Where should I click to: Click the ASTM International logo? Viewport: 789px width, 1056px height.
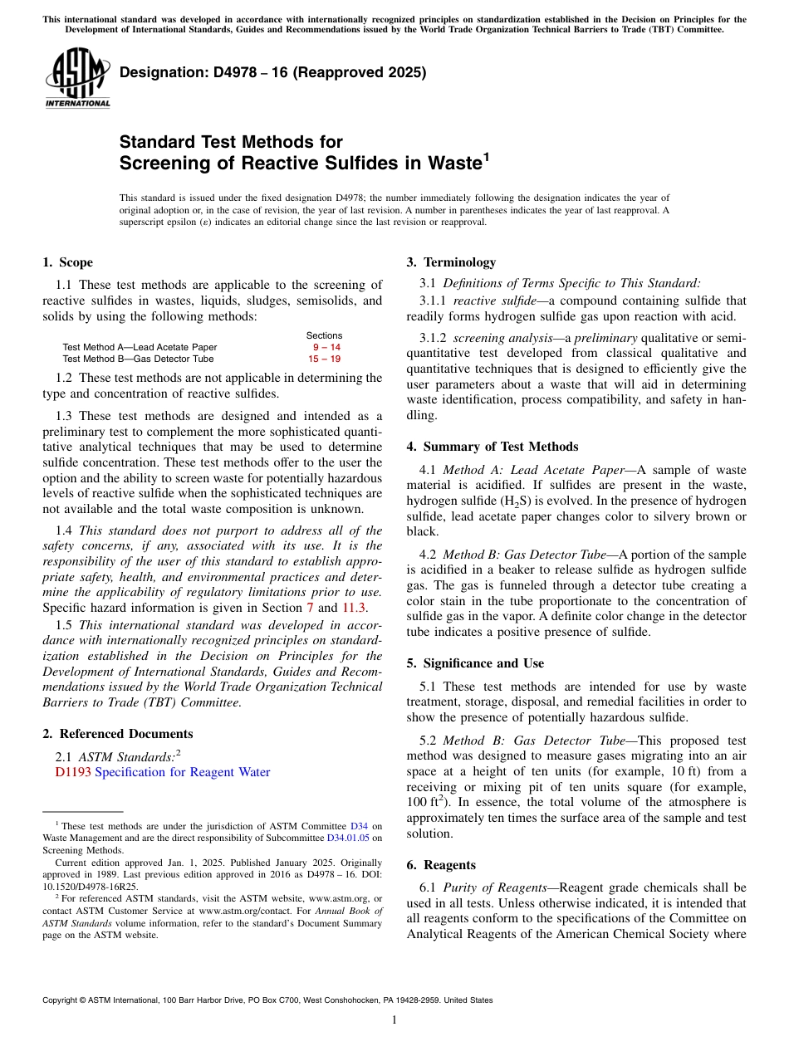click(77, 78)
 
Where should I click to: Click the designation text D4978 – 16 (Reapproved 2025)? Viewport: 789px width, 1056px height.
click(272, 72)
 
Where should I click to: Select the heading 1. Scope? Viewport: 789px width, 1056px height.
click(68, 262)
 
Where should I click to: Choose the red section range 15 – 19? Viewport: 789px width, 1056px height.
click(324, 359)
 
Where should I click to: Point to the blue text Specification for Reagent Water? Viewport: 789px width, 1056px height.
click(183, 772)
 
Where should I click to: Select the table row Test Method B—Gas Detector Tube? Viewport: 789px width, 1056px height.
click(138, 359)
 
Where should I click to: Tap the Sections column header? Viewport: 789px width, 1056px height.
click(324, 335)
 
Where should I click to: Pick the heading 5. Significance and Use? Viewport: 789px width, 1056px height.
click(475, 663)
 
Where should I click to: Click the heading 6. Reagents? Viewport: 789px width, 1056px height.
click(441, 865)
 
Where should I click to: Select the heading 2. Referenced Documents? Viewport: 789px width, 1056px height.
click(118, 734)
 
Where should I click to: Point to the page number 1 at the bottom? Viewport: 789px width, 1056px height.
click(394, 1020)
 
